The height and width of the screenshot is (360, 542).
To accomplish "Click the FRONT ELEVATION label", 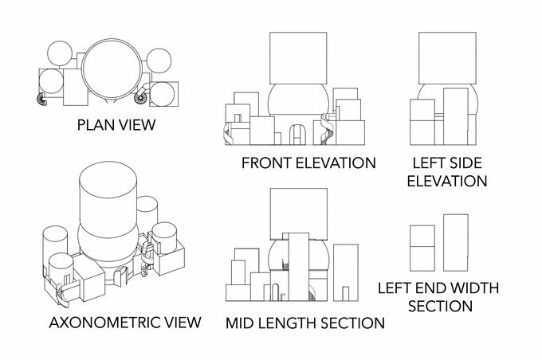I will point(308,163).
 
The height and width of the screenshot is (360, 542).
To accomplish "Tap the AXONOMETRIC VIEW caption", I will point(125,323).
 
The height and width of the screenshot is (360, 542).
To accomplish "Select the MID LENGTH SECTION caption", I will point(305,324).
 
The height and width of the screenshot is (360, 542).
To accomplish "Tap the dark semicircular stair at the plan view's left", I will point(40,99).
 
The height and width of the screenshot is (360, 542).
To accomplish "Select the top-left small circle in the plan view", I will point(60,55).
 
